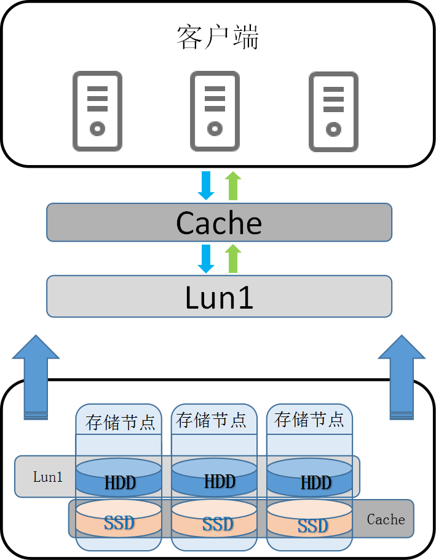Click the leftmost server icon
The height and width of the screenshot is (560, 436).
[97, 112]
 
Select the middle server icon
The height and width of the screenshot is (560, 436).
[215, 112]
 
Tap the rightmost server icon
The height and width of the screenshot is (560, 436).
[333, 112]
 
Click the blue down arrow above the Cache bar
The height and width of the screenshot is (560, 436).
[206, 185]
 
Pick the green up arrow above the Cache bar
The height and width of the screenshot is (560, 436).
[232, 185]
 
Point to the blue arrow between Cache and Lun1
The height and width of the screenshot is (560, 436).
[206, 259]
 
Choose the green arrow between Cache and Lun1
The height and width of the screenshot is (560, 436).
[232, 259]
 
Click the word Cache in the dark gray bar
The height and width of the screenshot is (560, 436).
[219, 222]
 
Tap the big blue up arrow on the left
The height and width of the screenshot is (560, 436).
[36, 376]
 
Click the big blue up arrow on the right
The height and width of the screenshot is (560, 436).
[401, 376]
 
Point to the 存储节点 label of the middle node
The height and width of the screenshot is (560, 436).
[211, 421]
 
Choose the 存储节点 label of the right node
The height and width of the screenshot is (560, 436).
[309, 420]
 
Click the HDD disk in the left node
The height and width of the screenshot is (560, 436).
[119, 477]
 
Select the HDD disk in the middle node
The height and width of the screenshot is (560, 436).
[214, 477]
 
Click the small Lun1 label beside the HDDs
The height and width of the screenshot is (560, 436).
[48, 477]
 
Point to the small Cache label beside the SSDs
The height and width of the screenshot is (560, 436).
[386, 519]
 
